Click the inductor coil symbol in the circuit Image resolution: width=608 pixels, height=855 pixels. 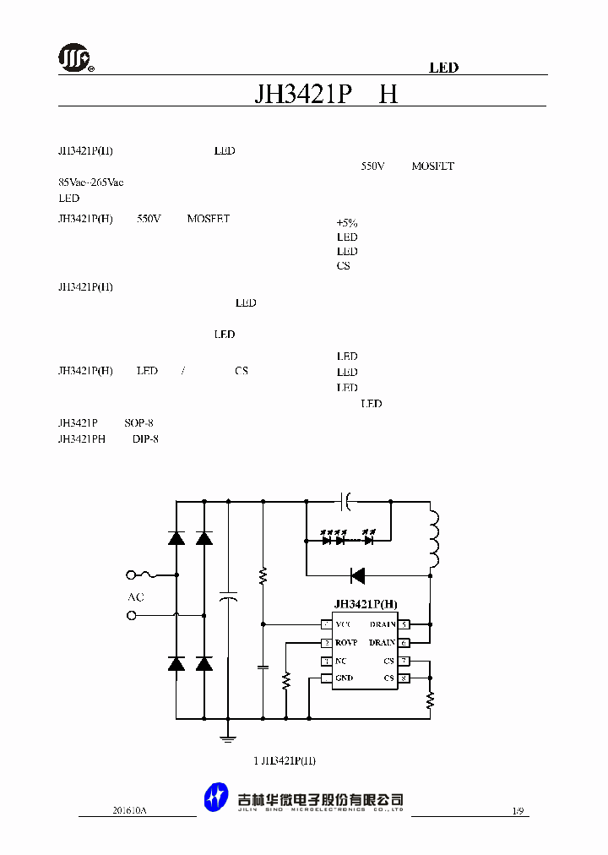[433, 538]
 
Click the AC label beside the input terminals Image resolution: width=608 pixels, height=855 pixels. [135, 597]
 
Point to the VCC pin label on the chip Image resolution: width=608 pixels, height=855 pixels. [343, 624]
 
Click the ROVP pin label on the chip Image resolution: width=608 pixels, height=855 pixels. [346, 643]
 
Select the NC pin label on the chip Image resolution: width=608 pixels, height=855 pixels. [341, 661]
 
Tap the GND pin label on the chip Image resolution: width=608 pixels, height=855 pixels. [344, 678]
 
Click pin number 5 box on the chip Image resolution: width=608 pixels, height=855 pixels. [404, 624]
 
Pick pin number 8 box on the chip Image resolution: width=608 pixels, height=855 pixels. [404, 678]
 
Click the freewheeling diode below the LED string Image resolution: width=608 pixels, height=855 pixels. [357, 575]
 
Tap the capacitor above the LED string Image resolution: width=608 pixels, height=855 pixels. [345, 502]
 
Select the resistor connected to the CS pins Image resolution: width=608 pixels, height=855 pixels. [430, 699]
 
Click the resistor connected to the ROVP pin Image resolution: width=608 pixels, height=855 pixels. [286, 679]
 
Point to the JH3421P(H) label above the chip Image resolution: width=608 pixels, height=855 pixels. [365, 604]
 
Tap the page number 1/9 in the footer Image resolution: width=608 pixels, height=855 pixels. [518, 810]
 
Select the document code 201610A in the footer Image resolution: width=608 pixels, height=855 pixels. [129, 810]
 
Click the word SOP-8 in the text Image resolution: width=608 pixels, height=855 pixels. [138, 422]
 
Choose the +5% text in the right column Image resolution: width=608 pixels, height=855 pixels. [347, 223]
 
